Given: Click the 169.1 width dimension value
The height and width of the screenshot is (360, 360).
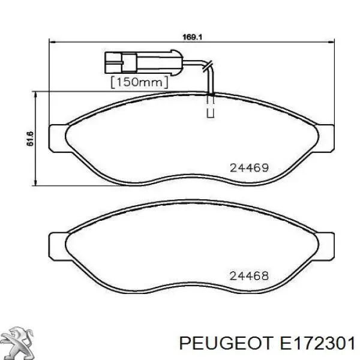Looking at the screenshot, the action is (x=192, y=37).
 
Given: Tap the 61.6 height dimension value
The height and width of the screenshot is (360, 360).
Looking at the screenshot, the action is (x=30, y=139).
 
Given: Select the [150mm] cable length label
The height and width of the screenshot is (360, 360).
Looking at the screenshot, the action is (x=139, y=82).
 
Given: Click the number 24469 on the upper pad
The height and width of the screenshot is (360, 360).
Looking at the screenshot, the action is (x=250, y=168).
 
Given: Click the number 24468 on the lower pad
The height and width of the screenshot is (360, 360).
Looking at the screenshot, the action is (x=249, y=276).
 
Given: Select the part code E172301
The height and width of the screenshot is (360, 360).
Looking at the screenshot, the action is (x=317, y=343).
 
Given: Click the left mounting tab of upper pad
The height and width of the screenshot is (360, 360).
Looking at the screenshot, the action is (x=58, y=139).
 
